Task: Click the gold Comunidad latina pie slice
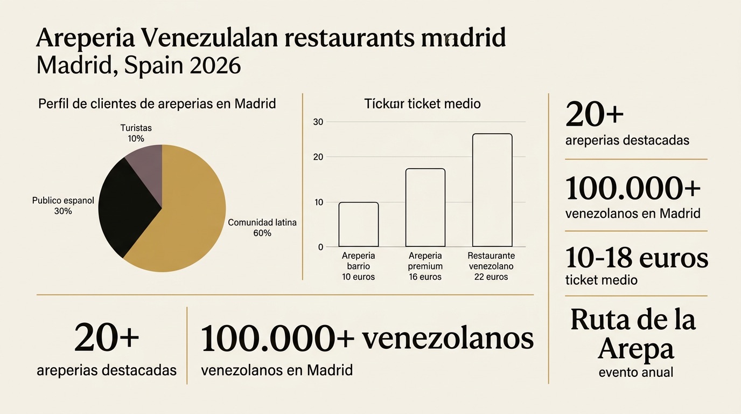pyautogui.click(x=188, y=216)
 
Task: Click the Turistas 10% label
pyautogui.click(x=136, y=133)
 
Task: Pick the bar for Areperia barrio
pyautogui.click(x=358, y=225)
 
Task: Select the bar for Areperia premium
pyautogui.click(x=425, y=208)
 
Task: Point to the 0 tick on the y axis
pyautogui.click(x=320, y=247)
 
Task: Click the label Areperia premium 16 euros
pyautogui.click(x=425, y=266)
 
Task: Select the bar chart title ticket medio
pyautogui.click(x=422, y=103)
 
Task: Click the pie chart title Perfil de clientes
pyautogui.click(x=157, y=103)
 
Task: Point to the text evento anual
pyautogui.click(x=635, y=372)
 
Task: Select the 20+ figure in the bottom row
pyautogui.click(x=107, y=338)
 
